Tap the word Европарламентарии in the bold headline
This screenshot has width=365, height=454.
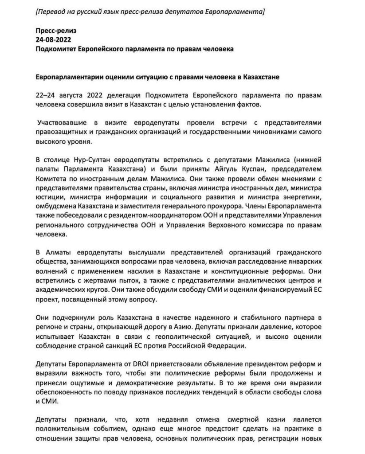click(x=71, y=77)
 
